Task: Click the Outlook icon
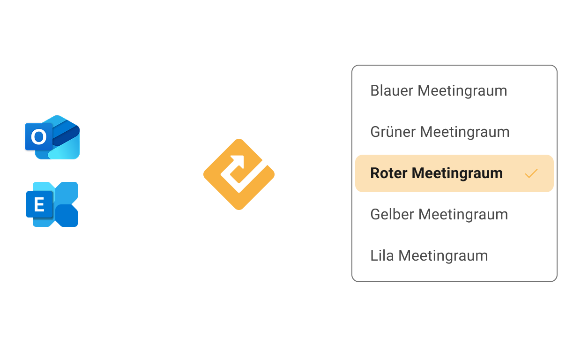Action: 52,137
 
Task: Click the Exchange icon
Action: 52,204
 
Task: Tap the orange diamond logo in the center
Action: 239,174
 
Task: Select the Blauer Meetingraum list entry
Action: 439,90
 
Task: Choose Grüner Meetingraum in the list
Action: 439,132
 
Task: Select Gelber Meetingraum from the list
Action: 439,214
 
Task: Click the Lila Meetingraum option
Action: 429,255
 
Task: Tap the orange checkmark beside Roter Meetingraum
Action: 531,174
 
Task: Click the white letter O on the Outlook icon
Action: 38,137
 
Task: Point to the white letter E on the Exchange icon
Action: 39,205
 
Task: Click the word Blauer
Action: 392,90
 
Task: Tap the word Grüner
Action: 393,132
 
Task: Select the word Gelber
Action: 392,214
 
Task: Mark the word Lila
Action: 382,255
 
